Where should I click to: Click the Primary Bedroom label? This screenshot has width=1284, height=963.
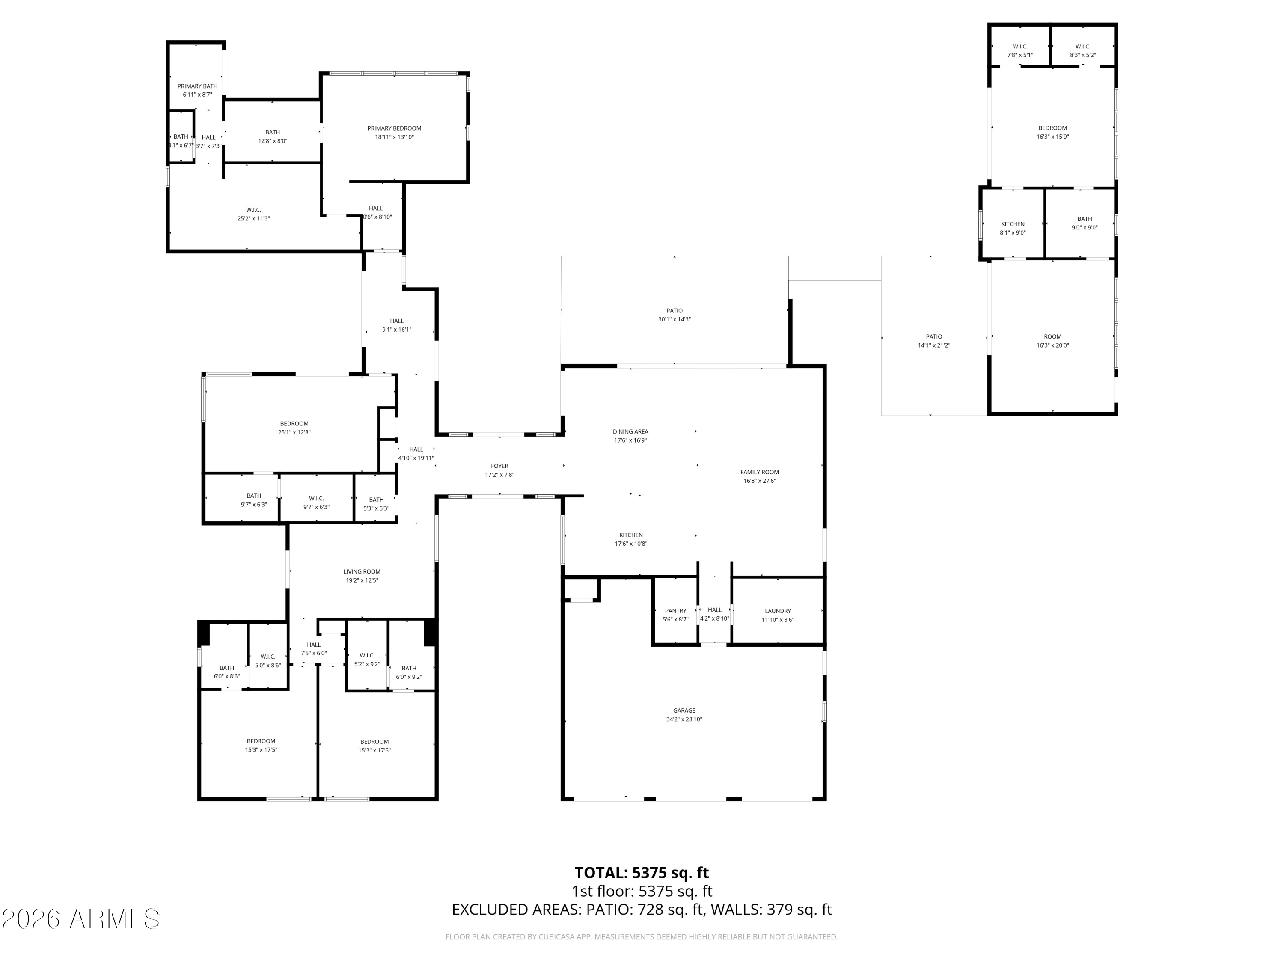394,128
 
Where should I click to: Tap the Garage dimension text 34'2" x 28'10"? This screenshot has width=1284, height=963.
684,719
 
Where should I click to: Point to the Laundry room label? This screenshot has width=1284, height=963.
777,611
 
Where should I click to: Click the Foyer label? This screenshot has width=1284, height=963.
499,466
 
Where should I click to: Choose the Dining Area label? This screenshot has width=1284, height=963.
630,431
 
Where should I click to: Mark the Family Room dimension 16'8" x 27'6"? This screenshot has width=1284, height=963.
759,481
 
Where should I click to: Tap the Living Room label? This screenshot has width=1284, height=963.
362,571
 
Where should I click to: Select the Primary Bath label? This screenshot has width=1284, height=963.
197,86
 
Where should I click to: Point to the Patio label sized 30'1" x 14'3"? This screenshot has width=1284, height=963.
674,311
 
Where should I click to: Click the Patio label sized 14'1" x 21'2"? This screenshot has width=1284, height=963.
933,337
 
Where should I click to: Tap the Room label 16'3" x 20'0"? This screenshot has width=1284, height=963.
1052,337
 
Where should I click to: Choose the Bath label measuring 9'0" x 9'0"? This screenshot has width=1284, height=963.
1084,219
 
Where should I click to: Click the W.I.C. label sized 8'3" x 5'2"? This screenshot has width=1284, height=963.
1082,46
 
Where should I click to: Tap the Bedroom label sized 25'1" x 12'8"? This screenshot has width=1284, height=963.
294,424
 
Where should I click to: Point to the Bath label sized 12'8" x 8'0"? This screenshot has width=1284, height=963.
272,132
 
